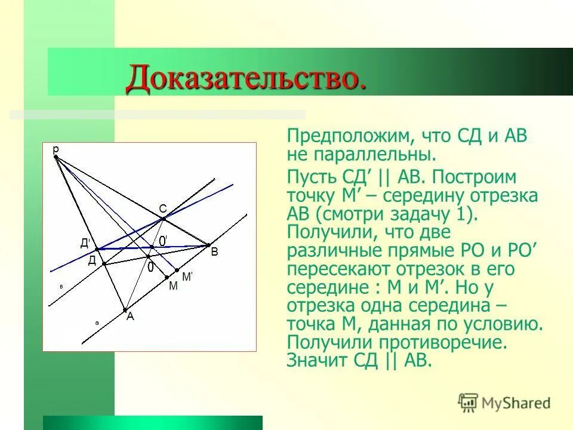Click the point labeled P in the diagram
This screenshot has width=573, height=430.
pos(56,157)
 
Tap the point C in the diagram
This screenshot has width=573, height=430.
pos(164,219)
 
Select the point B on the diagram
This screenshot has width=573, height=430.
pos(208,244)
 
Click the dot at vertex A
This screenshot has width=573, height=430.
pos(125,309)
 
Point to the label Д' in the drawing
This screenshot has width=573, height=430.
pos(85,243)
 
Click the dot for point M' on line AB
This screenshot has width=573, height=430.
pos(177,270)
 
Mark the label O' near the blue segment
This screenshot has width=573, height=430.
pos(162,239)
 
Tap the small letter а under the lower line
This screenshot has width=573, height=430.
pos(96,322)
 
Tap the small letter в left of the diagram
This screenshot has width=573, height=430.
pos(61,287)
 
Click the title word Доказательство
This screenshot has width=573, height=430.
pos(245,79)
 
